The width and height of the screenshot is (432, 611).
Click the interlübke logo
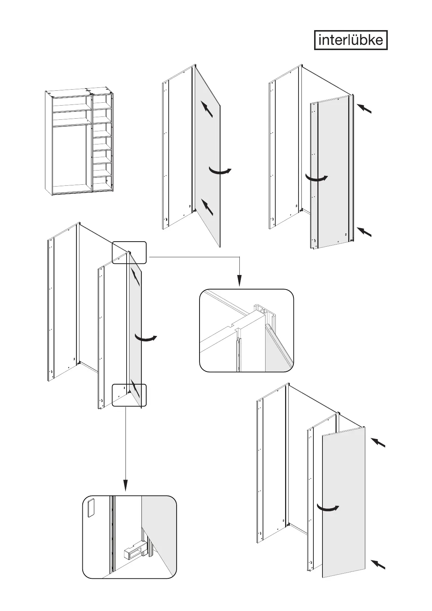(x=350, y=40)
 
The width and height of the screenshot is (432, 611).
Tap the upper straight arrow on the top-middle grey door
(x=207, y=109)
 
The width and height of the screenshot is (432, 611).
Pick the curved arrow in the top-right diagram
(x=316, y=178)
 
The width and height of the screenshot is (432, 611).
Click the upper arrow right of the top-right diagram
(x=365, y=108)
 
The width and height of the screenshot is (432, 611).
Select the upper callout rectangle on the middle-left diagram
(x=129, y=253)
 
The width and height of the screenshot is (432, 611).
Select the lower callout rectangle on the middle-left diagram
(x=129, y=395)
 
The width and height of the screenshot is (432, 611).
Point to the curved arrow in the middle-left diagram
(x=146, y=338)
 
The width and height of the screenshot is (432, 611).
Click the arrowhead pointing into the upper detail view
(x=239, y=281)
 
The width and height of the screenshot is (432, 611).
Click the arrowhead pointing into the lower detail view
(x=126, y=485)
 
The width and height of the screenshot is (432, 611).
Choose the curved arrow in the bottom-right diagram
(x=328, y=508)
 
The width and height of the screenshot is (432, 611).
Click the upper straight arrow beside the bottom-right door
(x=378, y=443)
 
